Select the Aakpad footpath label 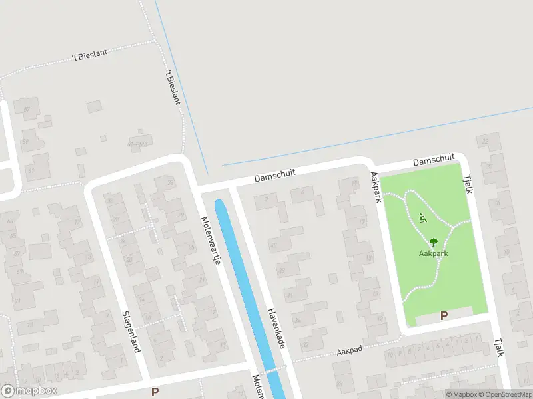click(x=348, y=350)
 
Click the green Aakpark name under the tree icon click(x=433, y=253)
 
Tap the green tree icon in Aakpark click(x=434, y=242)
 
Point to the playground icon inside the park click(x=422, y=217)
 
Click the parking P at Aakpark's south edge click(x=444, y=317)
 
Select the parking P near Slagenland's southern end click(x=155, y=392)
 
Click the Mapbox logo click(x=29, y=391)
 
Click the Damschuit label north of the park click(x=433, y=160)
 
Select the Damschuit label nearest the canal click(x=274, y=176)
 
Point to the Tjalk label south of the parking click(x=498, y=346)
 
